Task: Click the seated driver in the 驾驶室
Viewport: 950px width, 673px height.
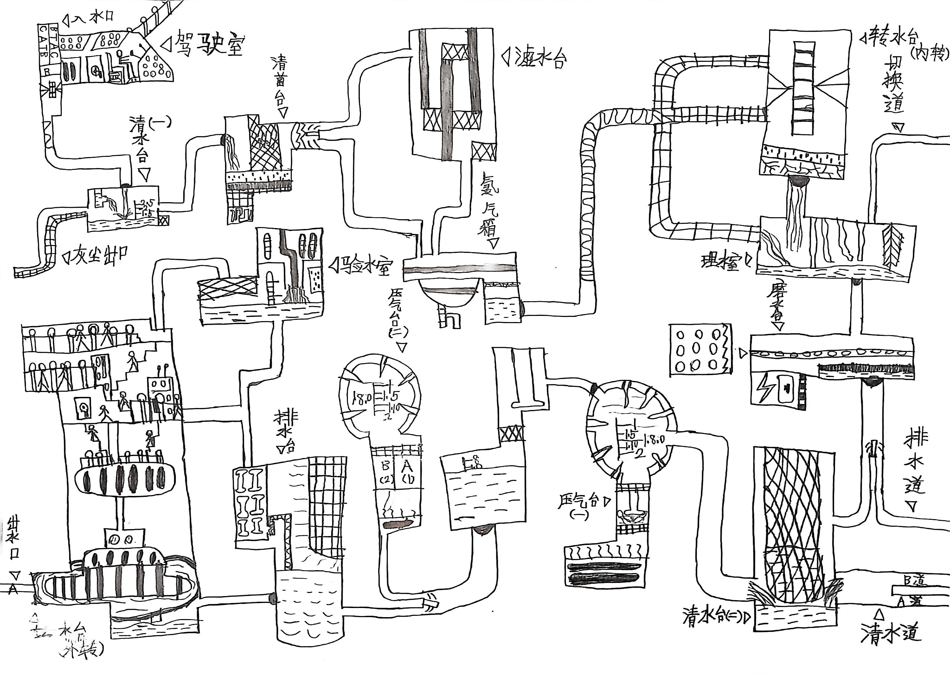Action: [122, 62]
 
